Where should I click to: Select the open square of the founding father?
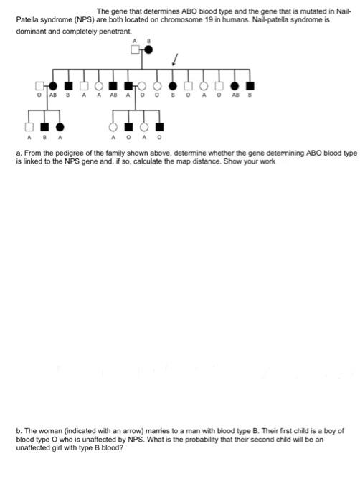pyautogui.click(x=134, y=49)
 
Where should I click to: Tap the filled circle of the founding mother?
pyautogui.click(x=148, y=49)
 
